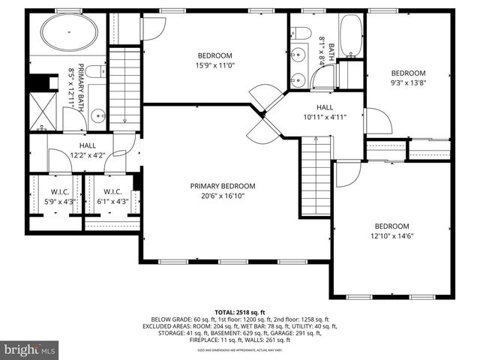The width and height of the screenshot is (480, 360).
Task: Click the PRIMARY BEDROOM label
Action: tap(222, 186)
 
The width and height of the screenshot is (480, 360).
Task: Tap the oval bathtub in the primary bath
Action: tap(68, 32)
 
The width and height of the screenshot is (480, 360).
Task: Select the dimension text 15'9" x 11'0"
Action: tap(214, 66)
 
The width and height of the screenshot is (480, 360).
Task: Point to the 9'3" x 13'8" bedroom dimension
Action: tap(408, 83)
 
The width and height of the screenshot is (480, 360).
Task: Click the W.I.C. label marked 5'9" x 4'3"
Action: tap(55, 200)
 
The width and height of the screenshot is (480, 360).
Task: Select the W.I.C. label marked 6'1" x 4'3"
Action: tap(112, 200)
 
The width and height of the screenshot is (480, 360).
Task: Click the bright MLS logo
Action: tap(30, 349)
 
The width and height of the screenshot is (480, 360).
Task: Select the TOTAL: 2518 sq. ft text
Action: tap(239, 311)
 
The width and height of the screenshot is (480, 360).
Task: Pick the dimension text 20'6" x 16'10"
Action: tap(222, 196)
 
